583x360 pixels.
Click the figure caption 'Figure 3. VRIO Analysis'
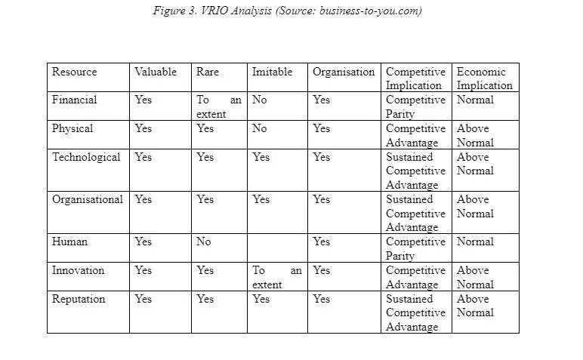[x=286, y=11]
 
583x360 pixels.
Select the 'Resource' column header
[x=74, y=72]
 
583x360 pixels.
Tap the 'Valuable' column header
[x=156, y=72]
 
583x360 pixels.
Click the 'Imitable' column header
[x=272, y=72]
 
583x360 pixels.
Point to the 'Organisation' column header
[x=344, y=72]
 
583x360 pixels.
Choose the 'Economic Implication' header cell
[x=484, y=78]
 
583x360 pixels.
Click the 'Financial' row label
[x=74, y=100]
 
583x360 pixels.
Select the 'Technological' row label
[x=86, y=157]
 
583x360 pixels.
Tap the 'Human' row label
[x=69, y=242]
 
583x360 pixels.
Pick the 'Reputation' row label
[x=79, y=299]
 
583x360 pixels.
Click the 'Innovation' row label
[x=79, y=270]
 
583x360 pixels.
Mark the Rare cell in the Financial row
[x=219, y=106]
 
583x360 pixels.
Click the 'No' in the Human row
[x=204, y=242]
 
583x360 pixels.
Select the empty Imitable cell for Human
[x=277, y=248]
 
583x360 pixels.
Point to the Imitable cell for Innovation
[x=277, y=277]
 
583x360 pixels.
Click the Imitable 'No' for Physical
[x=260, y=128]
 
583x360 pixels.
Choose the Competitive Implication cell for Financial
[x=415, y=106]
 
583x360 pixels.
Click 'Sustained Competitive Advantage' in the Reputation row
[x=415, y=312]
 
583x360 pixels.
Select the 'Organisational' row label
[x=88, y=199]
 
